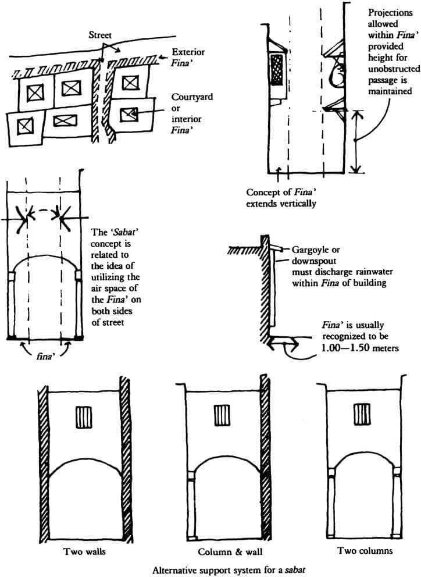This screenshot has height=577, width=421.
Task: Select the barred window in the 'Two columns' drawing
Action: [x=362, y=415]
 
